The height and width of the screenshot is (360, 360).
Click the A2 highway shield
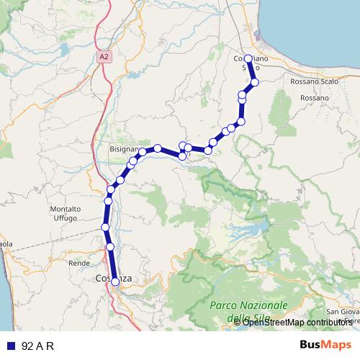click(105, 54)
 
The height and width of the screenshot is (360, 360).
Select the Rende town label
click(78, 264)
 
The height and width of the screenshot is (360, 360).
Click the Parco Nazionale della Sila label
click(248, 311)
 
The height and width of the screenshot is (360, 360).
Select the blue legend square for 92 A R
click(9, 346)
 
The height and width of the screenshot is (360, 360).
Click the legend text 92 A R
click(38, 346)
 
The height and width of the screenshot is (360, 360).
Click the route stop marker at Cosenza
click(115, 282)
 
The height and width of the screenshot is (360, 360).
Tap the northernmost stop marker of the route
click(248, 59)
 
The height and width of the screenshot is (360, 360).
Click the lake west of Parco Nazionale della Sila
click(248, 232)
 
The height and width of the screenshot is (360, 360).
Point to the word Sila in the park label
click(257, 318)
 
